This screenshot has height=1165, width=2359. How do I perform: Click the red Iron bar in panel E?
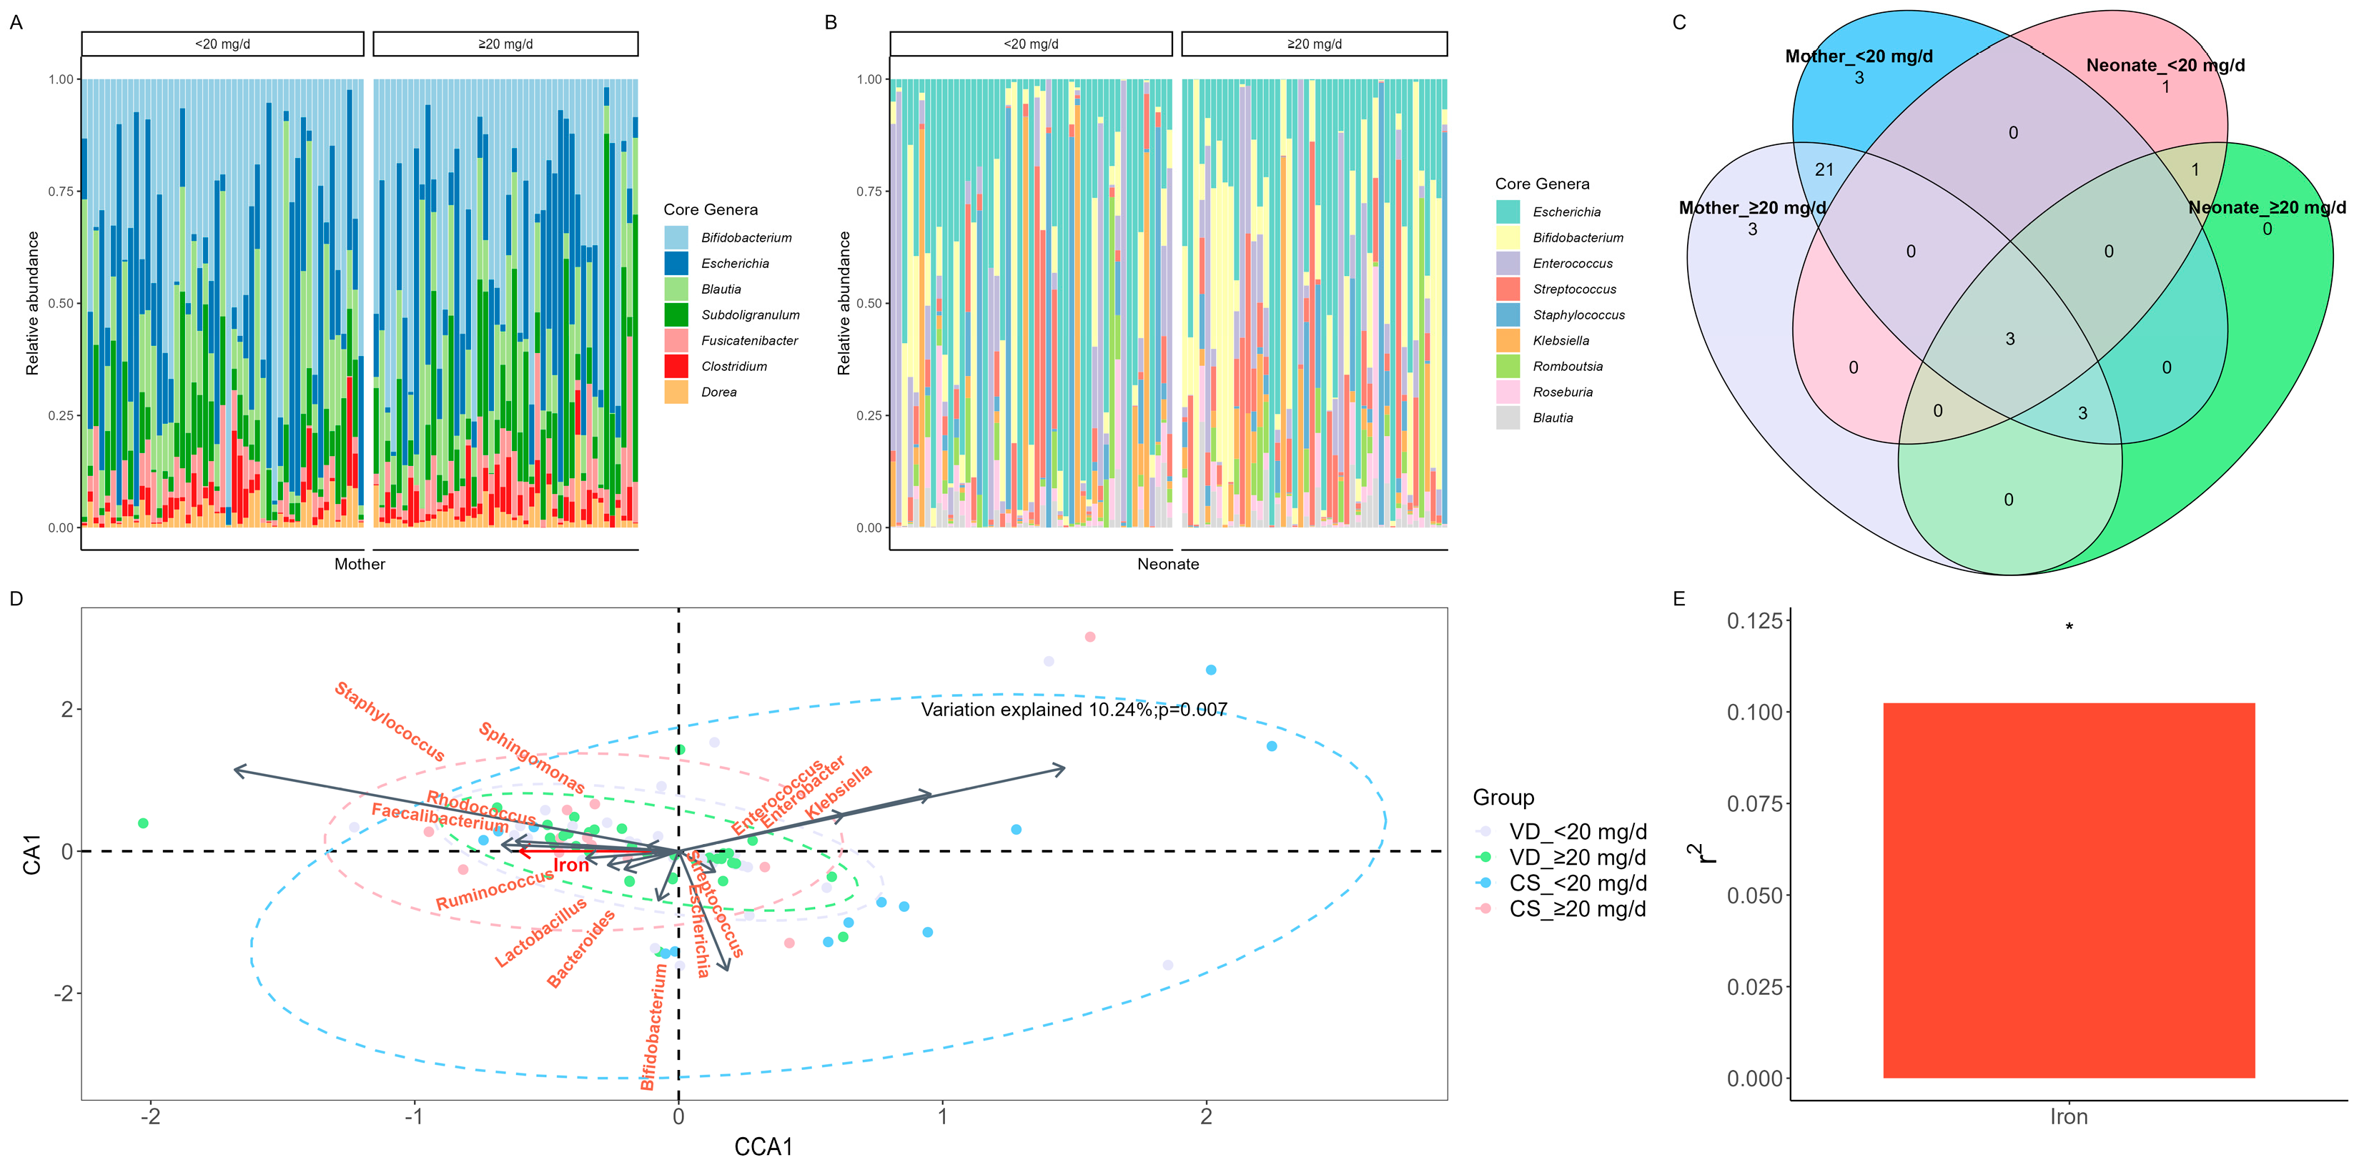pyautogui.click(x=2068, y=889)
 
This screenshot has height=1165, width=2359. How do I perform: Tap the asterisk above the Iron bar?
pyautogui.click(x=2069, y=628)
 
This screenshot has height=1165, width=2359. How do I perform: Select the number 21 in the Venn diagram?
pyautogui.click(x=1824, y=169)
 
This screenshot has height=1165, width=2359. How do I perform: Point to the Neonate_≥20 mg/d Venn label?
pyautogui.click(x=2267, y=208)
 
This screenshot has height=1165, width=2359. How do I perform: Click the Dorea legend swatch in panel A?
pyautogui.click(x=676, y=392)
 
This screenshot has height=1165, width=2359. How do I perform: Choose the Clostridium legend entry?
pyautogui.click(x=733, y=367)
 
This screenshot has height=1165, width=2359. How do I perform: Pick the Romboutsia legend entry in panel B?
pyautogui.click(x=1567, y=367)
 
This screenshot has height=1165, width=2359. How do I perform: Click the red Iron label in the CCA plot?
pyautogui.click(x=570, y=866)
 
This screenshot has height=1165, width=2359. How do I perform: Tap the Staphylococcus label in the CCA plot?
pyautogui.click(x=389, y=723)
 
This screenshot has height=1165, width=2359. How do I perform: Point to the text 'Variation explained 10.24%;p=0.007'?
pyautogui.click(x=1073, y=710)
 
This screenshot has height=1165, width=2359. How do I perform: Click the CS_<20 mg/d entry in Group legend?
pyautogui.click(x=1577, y=883)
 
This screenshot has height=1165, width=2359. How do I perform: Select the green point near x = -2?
pyautogui.click(x=143, y=823)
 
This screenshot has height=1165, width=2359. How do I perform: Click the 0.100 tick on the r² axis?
pyautogui.click(x=1754, y=713)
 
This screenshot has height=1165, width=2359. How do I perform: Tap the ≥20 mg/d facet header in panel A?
pyautogui.click(x=505, y=44)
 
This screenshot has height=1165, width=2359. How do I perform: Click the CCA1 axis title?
pyautogui.click(x=763, y=1146)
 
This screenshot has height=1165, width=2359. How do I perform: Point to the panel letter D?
pyautogui.click(x=16, y=599)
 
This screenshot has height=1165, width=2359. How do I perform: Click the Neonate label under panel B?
pyautogui.click(x=1167, y=564)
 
